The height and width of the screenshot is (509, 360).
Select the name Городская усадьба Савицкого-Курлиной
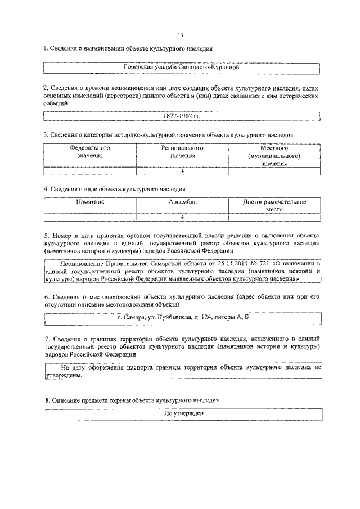(182, 67)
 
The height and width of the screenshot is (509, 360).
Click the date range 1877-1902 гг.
(182, 116)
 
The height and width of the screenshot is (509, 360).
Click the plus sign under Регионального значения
(182, 171)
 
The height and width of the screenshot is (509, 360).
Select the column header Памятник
(90, 201)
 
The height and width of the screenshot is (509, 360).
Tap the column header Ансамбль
(182, 201)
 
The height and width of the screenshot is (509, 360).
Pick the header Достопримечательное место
(274, 205)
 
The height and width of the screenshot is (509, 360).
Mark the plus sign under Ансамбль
(182, 217)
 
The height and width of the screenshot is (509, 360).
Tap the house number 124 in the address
(211, 318)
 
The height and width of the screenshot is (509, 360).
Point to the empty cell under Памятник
(90, 217)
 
